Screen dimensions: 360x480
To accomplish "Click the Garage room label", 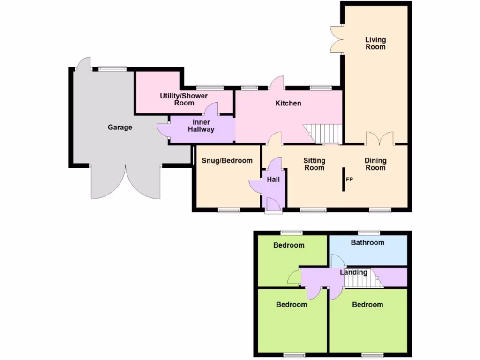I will click(x=120, y=127).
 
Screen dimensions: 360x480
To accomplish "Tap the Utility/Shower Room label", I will click(x=184, y=99).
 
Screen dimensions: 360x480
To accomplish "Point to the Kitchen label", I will click(x=288, y=103).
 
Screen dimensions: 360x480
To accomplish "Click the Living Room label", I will click(x=375, y=43).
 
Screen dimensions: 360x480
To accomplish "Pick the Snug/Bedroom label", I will click(x=227, y=160).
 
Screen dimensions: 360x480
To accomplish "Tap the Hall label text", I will click(x=273, y=179).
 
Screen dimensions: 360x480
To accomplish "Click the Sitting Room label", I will click(x=314, y=164).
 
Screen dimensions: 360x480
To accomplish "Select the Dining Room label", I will click(x=375, y=164).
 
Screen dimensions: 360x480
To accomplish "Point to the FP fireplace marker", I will click(x=349, y=180).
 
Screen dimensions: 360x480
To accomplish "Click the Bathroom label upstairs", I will click(x=367, y=242).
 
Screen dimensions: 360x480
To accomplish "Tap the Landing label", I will click(x=353, y=272).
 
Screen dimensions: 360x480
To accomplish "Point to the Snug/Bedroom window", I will click(x=229, y=210).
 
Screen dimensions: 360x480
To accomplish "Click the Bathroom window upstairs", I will click(x=369, y=232).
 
